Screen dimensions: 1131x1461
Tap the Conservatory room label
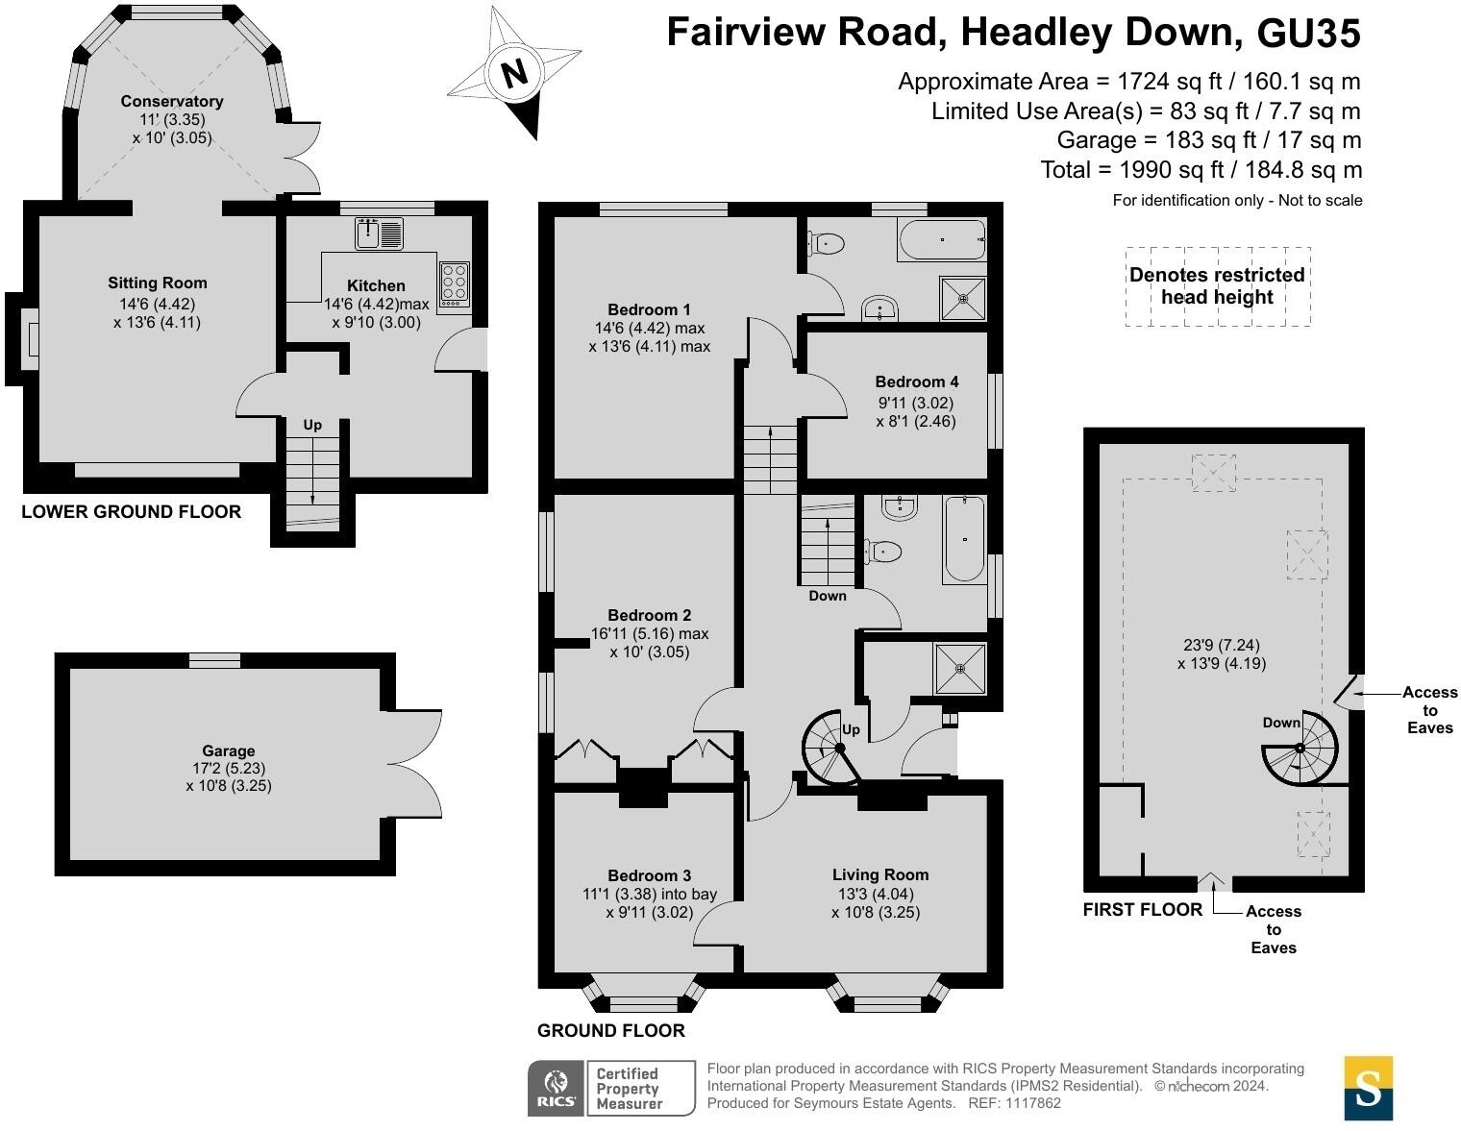click(172, 101)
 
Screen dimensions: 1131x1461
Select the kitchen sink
click(380, 233)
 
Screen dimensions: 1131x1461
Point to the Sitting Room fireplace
click(29, 339)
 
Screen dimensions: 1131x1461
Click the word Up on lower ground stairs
click(312, 425)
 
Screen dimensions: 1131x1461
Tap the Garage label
click(229, 750)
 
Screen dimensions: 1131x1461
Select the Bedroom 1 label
click(649, 309)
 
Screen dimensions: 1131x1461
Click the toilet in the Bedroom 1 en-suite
click(828, 244)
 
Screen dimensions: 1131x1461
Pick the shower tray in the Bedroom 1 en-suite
click(962, 298)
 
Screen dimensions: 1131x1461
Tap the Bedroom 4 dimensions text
click(916, 411)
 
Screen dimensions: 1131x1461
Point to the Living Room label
click(879, 874)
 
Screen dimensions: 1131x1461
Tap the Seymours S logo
click(1368, 1089)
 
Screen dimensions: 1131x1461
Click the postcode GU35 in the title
click(1308, 33)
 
